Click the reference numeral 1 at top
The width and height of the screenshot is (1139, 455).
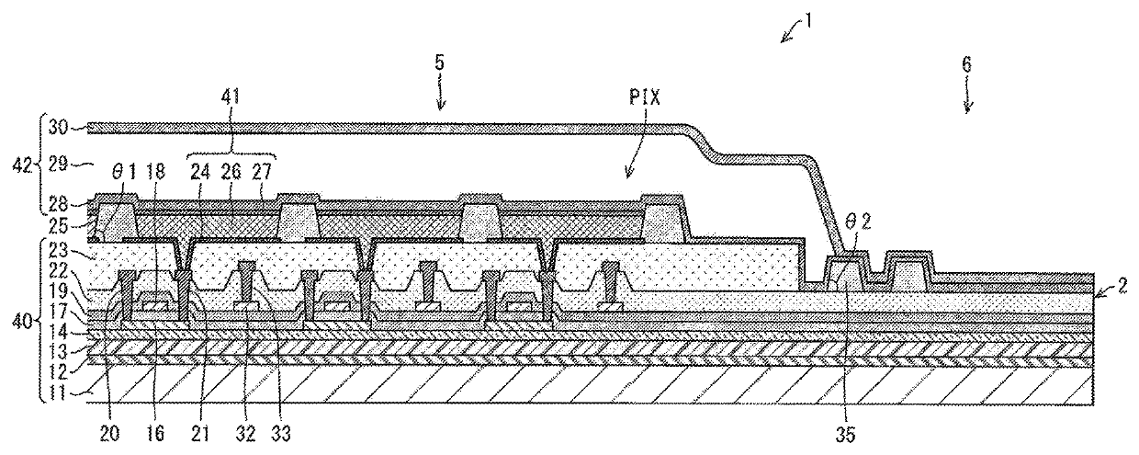pyautogui.click(x=808, y=21)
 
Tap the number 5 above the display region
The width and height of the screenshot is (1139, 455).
pyautogui.click(x=439, y=63)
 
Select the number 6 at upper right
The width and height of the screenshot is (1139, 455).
pyautogui.click(x=966, y=64)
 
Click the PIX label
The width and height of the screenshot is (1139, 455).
pyautogui.click(x=644, y=97)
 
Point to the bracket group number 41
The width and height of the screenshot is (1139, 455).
pyautogui.click(x=231, y=97)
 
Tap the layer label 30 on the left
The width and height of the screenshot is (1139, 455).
pyautogui.click(x=58, y=127)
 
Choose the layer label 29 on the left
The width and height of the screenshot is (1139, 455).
pyautogui.click(x=58, y=165)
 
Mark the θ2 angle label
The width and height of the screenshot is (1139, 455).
pyautogui.click(x=860, y=222)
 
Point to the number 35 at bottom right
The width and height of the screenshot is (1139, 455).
pyautogui.click(x=844, y=435)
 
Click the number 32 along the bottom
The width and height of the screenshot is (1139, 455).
pyautogui.click(x=245, y=433)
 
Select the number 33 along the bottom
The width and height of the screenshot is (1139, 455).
pyautogui.click(x=279, y=433)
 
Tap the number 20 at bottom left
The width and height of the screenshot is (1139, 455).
pyautogui.click(x=109, y=433)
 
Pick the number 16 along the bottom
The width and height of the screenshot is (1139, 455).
pyautogui.click(x=155, y=433)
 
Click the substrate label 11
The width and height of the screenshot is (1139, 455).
pyautogui.click(x=59, y=393)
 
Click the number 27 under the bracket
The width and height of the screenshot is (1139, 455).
pyautogui.click(x=263, y=172)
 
